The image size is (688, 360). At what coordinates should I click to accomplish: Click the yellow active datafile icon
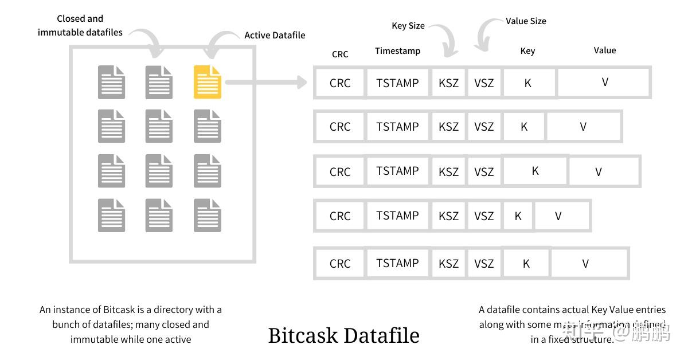coord(207,82)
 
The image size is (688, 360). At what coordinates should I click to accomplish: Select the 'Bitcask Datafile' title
coord(343,335)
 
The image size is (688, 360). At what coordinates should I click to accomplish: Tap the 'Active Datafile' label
coord(275,35)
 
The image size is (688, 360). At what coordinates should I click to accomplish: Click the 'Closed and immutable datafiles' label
coord(80,26)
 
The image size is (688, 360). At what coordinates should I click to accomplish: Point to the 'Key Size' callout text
coord(408,26)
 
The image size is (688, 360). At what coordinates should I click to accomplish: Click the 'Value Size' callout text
coord(525,21)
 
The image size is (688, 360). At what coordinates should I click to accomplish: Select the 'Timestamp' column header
coord(397,51)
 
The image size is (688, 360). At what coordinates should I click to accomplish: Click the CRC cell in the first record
coord(339,83)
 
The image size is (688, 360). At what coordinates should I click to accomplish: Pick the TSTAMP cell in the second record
coord(397,127)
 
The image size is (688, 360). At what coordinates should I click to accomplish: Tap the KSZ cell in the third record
coord(448,171)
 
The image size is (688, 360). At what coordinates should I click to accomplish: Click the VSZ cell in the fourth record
coord(484,216)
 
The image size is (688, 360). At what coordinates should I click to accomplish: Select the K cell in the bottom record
coord(526,264)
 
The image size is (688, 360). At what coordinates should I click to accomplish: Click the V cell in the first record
coord(604,83)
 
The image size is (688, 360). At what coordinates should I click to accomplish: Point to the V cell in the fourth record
coord(558,216)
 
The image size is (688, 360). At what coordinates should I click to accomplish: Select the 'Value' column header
coord(604,50)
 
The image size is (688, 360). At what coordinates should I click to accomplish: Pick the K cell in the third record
coord(535,171)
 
